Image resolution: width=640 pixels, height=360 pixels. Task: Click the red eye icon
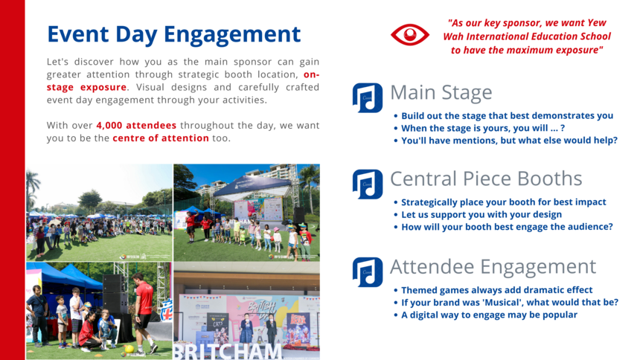point(410,35)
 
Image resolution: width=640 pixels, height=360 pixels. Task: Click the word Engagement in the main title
point(232,34)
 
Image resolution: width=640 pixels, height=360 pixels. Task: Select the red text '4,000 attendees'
point(136,125)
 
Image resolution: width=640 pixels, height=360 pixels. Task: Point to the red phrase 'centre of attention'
point(161,138)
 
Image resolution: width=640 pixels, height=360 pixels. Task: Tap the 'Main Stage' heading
point(441,92)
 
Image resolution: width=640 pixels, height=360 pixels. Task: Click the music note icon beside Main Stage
point(368,98)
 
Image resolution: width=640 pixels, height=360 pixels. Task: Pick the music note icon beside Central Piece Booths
point(368,184)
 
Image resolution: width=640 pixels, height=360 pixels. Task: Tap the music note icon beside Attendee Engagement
point(368,272)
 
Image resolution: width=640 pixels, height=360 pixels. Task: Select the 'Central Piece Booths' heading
point(486,179)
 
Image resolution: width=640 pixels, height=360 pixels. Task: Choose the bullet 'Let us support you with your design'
point(481,215)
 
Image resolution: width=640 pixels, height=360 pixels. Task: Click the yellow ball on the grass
point(129,349)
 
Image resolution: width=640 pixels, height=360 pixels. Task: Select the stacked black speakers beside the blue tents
point(115,294)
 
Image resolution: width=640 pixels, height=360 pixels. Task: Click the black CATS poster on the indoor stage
point(218,327)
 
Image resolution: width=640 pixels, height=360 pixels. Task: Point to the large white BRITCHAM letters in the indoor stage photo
point(227,351)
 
